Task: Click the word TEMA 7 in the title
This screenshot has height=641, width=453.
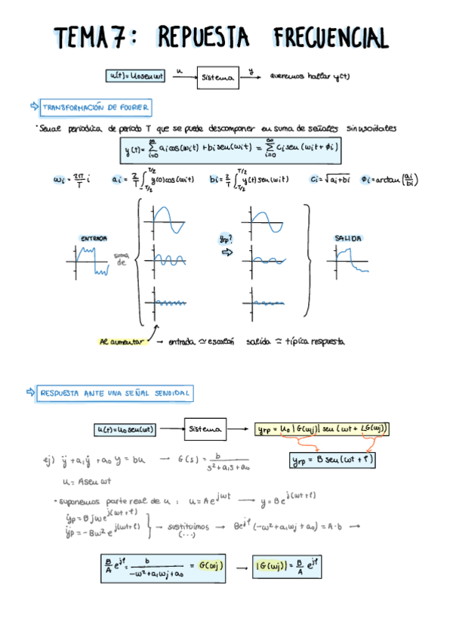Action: (89, 36)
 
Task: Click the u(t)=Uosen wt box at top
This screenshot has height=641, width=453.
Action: (135, 75)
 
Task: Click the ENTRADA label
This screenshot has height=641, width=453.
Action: (94, 239)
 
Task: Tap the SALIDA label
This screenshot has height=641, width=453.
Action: (348, 239)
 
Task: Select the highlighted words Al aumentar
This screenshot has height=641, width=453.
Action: (124, 342)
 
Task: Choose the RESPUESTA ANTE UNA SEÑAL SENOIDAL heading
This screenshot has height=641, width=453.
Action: (116, 393)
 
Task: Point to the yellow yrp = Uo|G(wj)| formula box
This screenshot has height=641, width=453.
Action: (322, 429)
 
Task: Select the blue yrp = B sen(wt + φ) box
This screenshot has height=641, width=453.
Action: (333, 459)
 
